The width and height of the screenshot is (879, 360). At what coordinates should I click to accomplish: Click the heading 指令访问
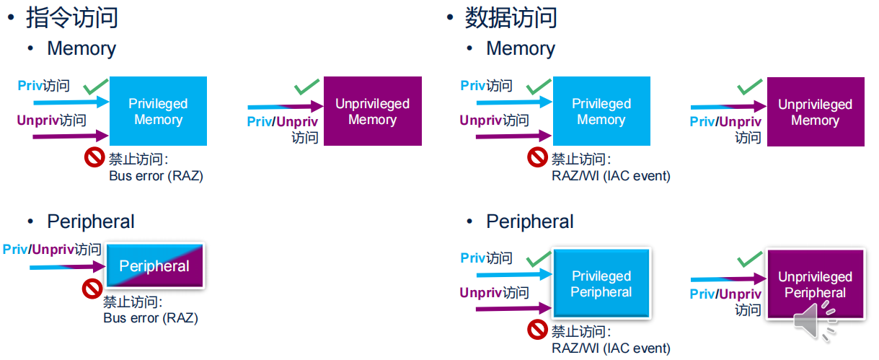72,17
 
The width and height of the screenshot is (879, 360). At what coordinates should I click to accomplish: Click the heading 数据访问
511,17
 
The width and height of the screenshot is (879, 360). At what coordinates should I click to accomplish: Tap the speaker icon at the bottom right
816,322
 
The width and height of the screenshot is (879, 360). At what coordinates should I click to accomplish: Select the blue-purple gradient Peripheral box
155,266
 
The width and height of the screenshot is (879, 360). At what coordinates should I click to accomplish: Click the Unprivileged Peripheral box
815,285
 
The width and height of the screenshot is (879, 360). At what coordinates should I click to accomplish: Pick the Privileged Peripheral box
601,284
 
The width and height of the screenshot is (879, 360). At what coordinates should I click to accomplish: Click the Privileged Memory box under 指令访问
158,111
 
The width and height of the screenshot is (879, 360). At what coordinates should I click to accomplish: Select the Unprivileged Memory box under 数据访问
815,112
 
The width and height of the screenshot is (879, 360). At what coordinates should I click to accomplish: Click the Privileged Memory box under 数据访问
601,111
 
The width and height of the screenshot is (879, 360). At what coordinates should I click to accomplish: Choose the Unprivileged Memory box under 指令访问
372,111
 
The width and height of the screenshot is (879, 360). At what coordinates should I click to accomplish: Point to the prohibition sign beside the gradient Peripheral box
92,289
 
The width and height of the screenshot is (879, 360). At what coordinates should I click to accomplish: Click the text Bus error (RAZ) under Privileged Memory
156,175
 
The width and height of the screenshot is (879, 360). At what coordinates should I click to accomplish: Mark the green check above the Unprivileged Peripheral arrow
749,260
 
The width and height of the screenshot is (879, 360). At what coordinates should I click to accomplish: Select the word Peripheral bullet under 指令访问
91,221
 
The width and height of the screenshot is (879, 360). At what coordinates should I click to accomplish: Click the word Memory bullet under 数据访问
521,48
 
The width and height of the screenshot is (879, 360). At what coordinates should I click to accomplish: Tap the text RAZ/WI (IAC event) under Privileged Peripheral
611,348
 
